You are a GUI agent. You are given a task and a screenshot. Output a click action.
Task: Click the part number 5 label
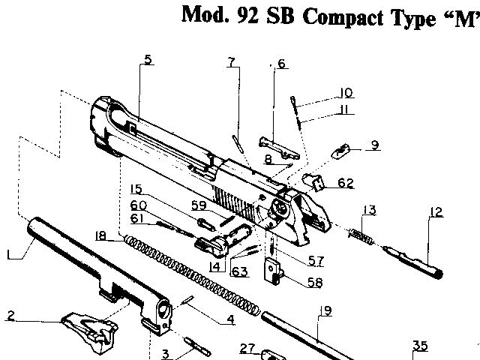[148, 60]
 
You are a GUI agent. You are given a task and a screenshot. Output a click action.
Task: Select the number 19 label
[325, 310]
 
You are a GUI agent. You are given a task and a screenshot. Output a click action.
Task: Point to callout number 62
[345, 182]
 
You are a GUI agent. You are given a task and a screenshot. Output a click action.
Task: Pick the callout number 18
[100, 236]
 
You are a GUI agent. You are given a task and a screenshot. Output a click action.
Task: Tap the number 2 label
[10, 315]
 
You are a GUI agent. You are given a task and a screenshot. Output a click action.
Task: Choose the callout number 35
[420, 346]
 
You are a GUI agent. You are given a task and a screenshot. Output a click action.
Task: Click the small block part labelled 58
[275, 271]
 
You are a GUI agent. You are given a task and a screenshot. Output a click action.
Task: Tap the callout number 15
[136, 188]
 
